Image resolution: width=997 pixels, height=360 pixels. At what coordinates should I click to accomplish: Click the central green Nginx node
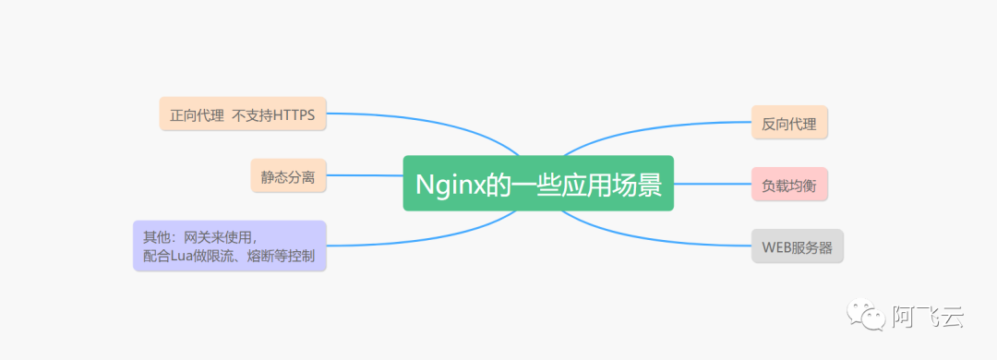click(538, 183)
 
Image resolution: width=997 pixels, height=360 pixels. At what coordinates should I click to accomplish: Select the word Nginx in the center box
click(450, 184)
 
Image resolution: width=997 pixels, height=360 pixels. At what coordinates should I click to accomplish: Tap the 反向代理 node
click(789, 123)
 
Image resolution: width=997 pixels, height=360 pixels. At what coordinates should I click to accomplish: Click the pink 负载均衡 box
click(789, 185)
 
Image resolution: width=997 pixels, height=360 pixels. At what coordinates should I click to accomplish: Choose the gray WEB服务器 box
click(797, 246)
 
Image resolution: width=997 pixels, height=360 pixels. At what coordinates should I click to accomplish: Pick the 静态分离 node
click(288, 175)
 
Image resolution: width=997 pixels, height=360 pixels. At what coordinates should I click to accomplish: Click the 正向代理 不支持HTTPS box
click(242, 115)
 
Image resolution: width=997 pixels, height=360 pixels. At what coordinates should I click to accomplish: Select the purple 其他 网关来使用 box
click(229, 246)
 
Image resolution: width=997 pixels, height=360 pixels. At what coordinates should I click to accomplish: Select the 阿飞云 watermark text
click(928, 318)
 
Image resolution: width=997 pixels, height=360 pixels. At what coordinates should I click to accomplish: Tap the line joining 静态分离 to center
click(365, 175)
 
